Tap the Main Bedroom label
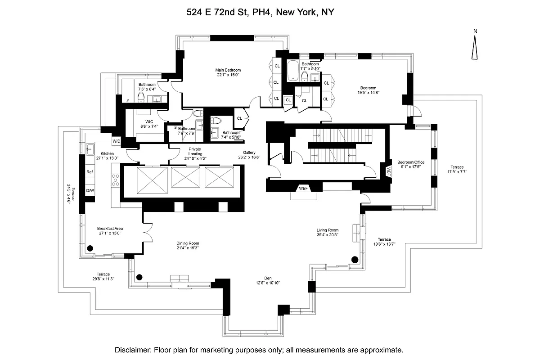coord(228,70)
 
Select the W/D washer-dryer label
coord(117,141)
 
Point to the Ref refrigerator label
coord(90,172)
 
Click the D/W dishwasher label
coord(90,191)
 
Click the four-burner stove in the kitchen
coord(115,180)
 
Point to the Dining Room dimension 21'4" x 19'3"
coord(188,248)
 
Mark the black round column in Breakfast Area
coord(90,248)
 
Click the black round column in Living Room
coord(355,259)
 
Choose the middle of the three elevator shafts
coord(185,177)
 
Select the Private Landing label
coord(195,151)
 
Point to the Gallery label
coord(249,152)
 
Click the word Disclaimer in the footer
coord(133,350)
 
